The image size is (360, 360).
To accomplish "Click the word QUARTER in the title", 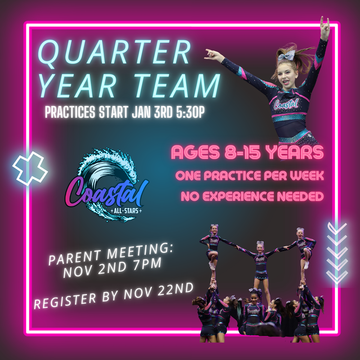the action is (114, 52).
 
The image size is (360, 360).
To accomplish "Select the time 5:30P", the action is (190, 112).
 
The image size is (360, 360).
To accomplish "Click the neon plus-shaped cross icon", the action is (30, 168).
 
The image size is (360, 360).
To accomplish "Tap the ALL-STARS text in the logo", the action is (126, 210).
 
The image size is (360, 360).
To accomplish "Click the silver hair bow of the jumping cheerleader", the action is (286, 55).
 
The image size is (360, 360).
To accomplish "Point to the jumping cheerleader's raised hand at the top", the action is (325, 26).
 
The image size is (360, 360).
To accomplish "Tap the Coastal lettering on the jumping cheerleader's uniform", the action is (286, 104).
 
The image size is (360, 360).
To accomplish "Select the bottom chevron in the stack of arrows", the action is (337, 276).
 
